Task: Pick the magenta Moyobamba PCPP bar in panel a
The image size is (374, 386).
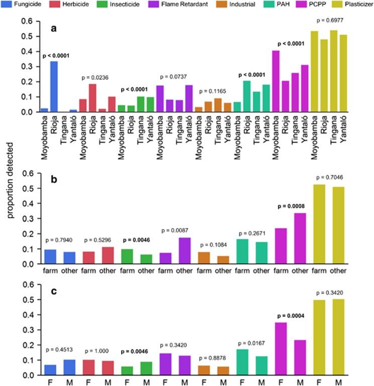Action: pos(276,81)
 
